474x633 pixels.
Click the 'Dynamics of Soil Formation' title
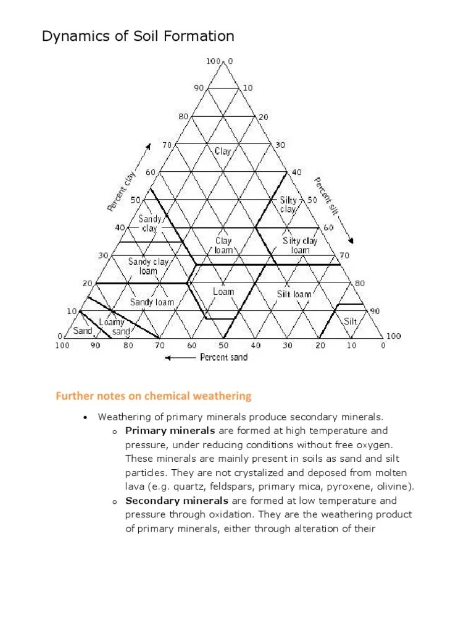[138, 36]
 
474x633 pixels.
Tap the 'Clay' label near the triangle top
[223, 151]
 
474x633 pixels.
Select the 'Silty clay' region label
[289, 205]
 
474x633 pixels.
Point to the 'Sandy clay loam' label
[148, 266]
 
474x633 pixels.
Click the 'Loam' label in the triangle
[223, 291]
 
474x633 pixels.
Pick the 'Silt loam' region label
[294, 294]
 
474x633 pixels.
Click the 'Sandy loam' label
[152, 302]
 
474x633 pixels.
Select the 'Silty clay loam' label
[300, 245]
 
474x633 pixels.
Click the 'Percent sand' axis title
[223, 357]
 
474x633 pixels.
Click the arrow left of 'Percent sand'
[180, 357]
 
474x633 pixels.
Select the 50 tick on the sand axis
[223, 346]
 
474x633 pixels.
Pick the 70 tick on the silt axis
[344, 255]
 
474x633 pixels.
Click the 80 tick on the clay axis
[183, 116]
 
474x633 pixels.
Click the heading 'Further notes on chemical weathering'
[154, 396]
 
